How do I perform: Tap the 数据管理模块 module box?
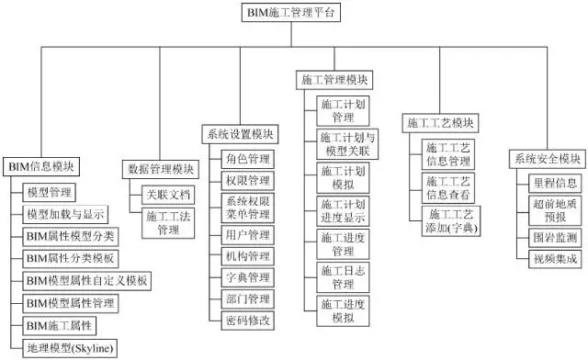pos(160,169)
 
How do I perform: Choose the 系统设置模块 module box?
pos(240,134)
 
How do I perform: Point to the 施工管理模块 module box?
pos(336,80)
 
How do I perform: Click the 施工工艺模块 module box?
pos(440,123)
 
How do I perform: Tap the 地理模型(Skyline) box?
pos(70,348)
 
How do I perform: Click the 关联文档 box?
pos(168,195)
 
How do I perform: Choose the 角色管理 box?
pos(247,160)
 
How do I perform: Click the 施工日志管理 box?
pos(343,273)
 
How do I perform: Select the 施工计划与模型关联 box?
pos(343,142)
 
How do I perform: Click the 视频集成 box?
pos(555,260)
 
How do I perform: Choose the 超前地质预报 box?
pos(555,209)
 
